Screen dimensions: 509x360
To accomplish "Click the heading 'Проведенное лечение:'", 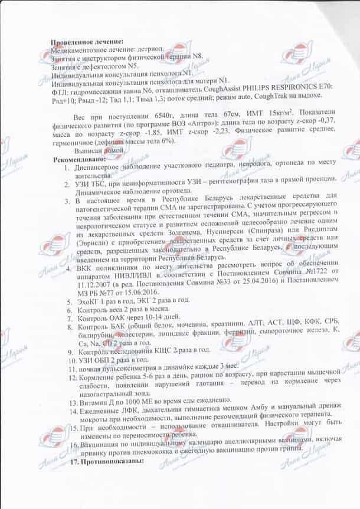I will point(87,42).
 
